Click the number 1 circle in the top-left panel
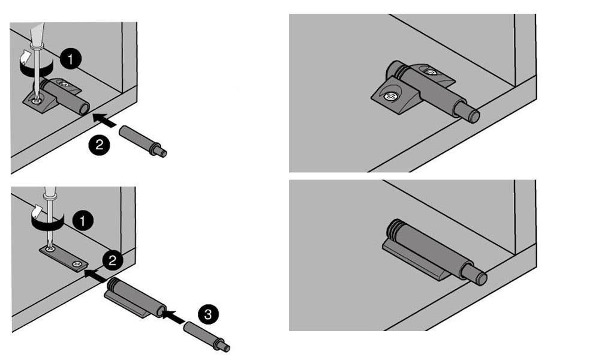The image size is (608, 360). tap(71, 59)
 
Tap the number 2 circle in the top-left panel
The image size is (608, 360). tap(100, 145)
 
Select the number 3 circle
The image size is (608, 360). tap(208, 314)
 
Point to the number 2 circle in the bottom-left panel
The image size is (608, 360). tap(113, 260)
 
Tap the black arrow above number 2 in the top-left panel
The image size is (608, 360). tap(104, 119)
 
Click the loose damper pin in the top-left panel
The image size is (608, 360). tap(143, 141)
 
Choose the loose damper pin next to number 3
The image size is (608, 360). tap(207, 337)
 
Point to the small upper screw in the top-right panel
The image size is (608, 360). tap(431, 72)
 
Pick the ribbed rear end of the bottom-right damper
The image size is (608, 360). tap(394, 229)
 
